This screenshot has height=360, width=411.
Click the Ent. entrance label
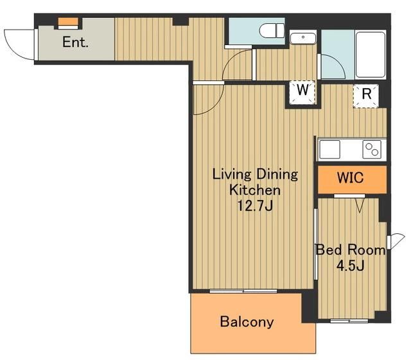75,42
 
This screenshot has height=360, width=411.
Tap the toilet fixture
272,30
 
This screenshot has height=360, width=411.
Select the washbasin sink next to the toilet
302,39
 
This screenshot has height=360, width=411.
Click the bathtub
371,54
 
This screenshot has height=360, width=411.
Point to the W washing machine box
302,93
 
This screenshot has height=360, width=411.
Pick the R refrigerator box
366,96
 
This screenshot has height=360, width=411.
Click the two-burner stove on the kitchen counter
372,149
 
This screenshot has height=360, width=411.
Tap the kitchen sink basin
329,149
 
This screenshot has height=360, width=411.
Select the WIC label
350,177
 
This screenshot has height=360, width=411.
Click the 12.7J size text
255,206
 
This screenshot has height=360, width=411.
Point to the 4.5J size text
350,266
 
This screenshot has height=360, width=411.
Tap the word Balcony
247,322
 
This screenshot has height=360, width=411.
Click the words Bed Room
351,250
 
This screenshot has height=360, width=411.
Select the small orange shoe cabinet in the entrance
68,21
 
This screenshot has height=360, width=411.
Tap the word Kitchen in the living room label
255,190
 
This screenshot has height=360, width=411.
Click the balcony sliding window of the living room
243,291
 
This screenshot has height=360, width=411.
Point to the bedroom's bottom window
349,321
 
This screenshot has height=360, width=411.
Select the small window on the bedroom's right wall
389,242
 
